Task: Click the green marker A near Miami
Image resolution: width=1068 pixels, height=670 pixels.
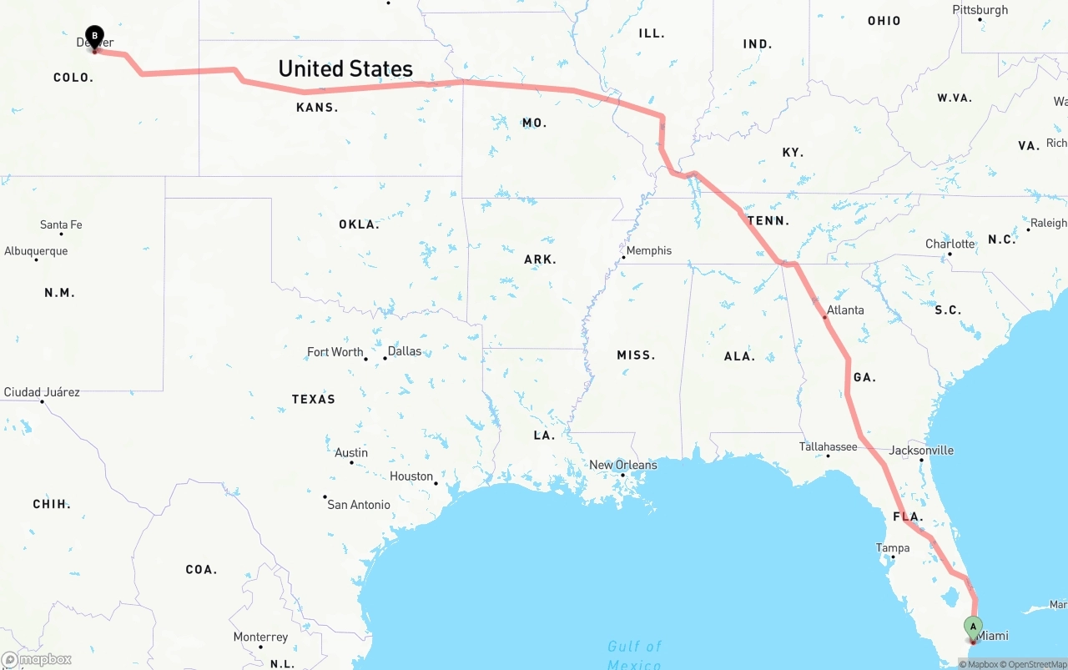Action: point(973,626)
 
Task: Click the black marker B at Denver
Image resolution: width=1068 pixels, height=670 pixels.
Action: point(95,37)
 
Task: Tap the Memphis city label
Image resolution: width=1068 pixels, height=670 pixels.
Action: point(648,250)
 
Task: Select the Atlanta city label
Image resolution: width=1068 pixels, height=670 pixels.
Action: point(845,310)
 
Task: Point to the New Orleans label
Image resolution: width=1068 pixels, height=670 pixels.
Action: point(622,465)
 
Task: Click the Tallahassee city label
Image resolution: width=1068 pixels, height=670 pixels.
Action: point(828,446)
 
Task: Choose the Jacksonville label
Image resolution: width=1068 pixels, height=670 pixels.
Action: point(921,450)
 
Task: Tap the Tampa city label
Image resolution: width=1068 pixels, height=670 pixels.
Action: point(892,547)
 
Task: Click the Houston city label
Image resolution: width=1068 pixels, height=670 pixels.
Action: point(411,476)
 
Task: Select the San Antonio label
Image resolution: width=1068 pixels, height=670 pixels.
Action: point(358,504)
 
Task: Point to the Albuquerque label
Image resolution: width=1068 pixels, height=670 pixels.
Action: point(36,250)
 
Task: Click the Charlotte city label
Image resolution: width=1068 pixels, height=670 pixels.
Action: point(950,244)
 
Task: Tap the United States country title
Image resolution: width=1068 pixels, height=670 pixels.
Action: point(345,68)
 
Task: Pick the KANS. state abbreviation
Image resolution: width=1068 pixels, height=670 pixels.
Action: point(317,108)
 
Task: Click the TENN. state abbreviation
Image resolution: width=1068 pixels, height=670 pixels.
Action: point(768,220)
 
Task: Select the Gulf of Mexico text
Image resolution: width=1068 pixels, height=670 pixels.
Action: point(634,655)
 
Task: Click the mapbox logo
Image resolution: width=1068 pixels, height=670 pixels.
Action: point(36,659)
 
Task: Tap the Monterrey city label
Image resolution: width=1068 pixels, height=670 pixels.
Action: point(260,637)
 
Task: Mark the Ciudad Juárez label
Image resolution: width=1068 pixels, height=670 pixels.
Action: point(42,391)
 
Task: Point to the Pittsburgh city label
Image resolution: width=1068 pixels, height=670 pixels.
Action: point(980,10)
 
